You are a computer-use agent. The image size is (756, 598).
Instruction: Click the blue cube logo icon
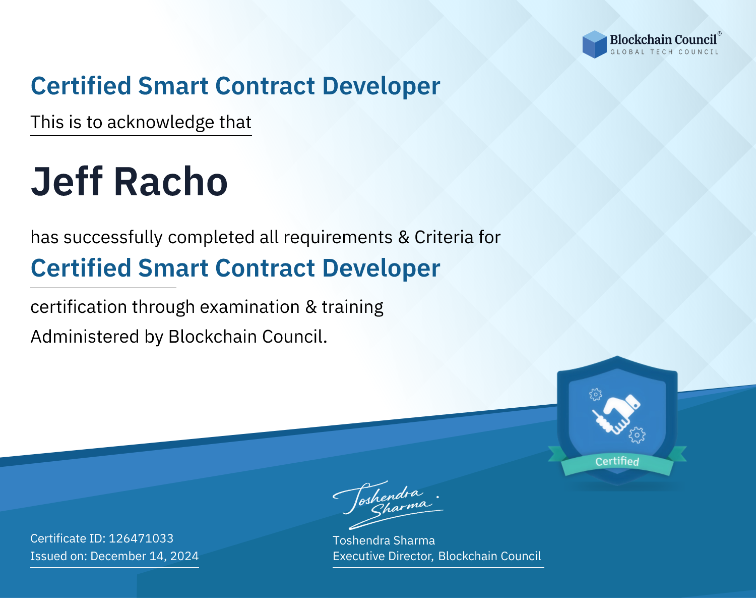(x=594, y=44)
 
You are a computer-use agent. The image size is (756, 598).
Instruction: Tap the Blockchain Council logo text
(x=663, y=39)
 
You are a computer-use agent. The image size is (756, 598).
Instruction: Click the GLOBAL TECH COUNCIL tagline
(x=665, y=52)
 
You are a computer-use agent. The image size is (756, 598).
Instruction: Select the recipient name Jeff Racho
(x=130, y=182)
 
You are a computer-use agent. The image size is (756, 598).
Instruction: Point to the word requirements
(x=338, y=238)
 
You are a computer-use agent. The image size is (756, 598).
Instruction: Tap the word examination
(x=250, y=307)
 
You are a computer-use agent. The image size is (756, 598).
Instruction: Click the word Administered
(x=85, y=336)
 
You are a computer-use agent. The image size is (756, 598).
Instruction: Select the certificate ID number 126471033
(x=141, y=538)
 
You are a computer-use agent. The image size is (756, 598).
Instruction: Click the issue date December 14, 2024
(x=144, y=556)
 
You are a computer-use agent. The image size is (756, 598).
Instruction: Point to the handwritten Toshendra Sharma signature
(x=388, y=505)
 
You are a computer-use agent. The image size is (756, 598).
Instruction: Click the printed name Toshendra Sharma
(x=384, y=540)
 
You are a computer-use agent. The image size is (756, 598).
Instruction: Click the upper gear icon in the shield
(x=595, y=394)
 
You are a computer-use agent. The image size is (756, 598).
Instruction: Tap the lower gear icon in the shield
(x=637, y=435)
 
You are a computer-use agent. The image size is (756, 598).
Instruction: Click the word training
(x=352, y=307)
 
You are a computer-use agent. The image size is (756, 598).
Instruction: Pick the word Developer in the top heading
(x=381, y=86)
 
